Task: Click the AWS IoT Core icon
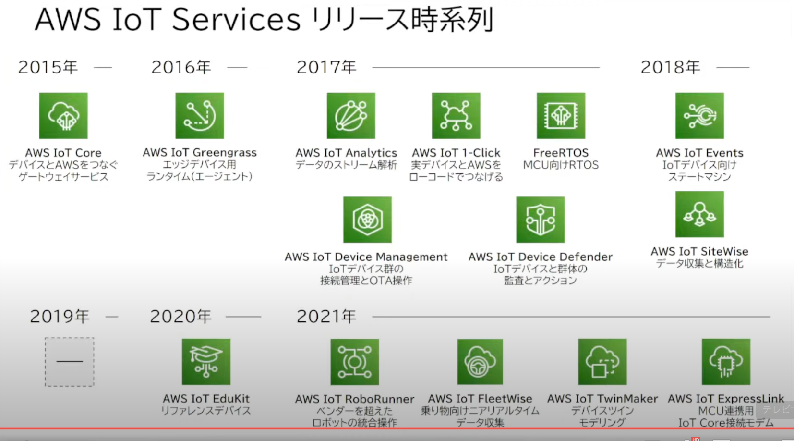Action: pyautogui.click(x=63, y=116)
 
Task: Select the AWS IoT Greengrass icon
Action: pyautogui.click(x=200, y=116)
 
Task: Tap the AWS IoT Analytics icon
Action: pyautogui.click(x=351, y=116)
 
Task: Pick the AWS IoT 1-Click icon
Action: pyautogui.click(x=456, y=116)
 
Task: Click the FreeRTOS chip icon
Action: pyautogui.click(x=561, y=116)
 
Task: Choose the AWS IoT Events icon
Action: pyautogui.click(x=699, y=116)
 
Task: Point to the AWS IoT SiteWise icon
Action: pyautogui.click(x=699, y=214)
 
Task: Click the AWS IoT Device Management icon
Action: pyautogui.click(x=367, y=220)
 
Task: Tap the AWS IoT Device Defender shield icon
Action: pyautogui.click(x=540, y=220)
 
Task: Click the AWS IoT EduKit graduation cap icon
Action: pyautogui.click(x=206, y=362)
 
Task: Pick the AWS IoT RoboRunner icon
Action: pyautogui.click(x=354, y=362)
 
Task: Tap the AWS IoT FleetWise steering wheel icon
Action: pyautogui.click(x=480, y=362)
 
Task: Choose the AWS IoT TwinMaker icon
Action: pyautogui.click(x=602, y=362)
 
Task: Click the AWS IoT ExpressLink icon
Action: pyautogui.click(x=726, y=362)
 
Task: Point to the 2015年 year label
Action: pyautogui.click(x=48, y=67)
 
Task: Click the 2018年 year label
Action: pyautogui.click(x=670, y=67)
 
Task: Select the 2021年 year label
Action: pyautogui.click(x=326, y=316)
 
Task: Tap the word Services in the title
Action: pyautogui.click(x=237, y=20)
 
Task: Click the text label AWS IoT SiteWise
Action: pyautogui.click(x=699, y=251)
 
